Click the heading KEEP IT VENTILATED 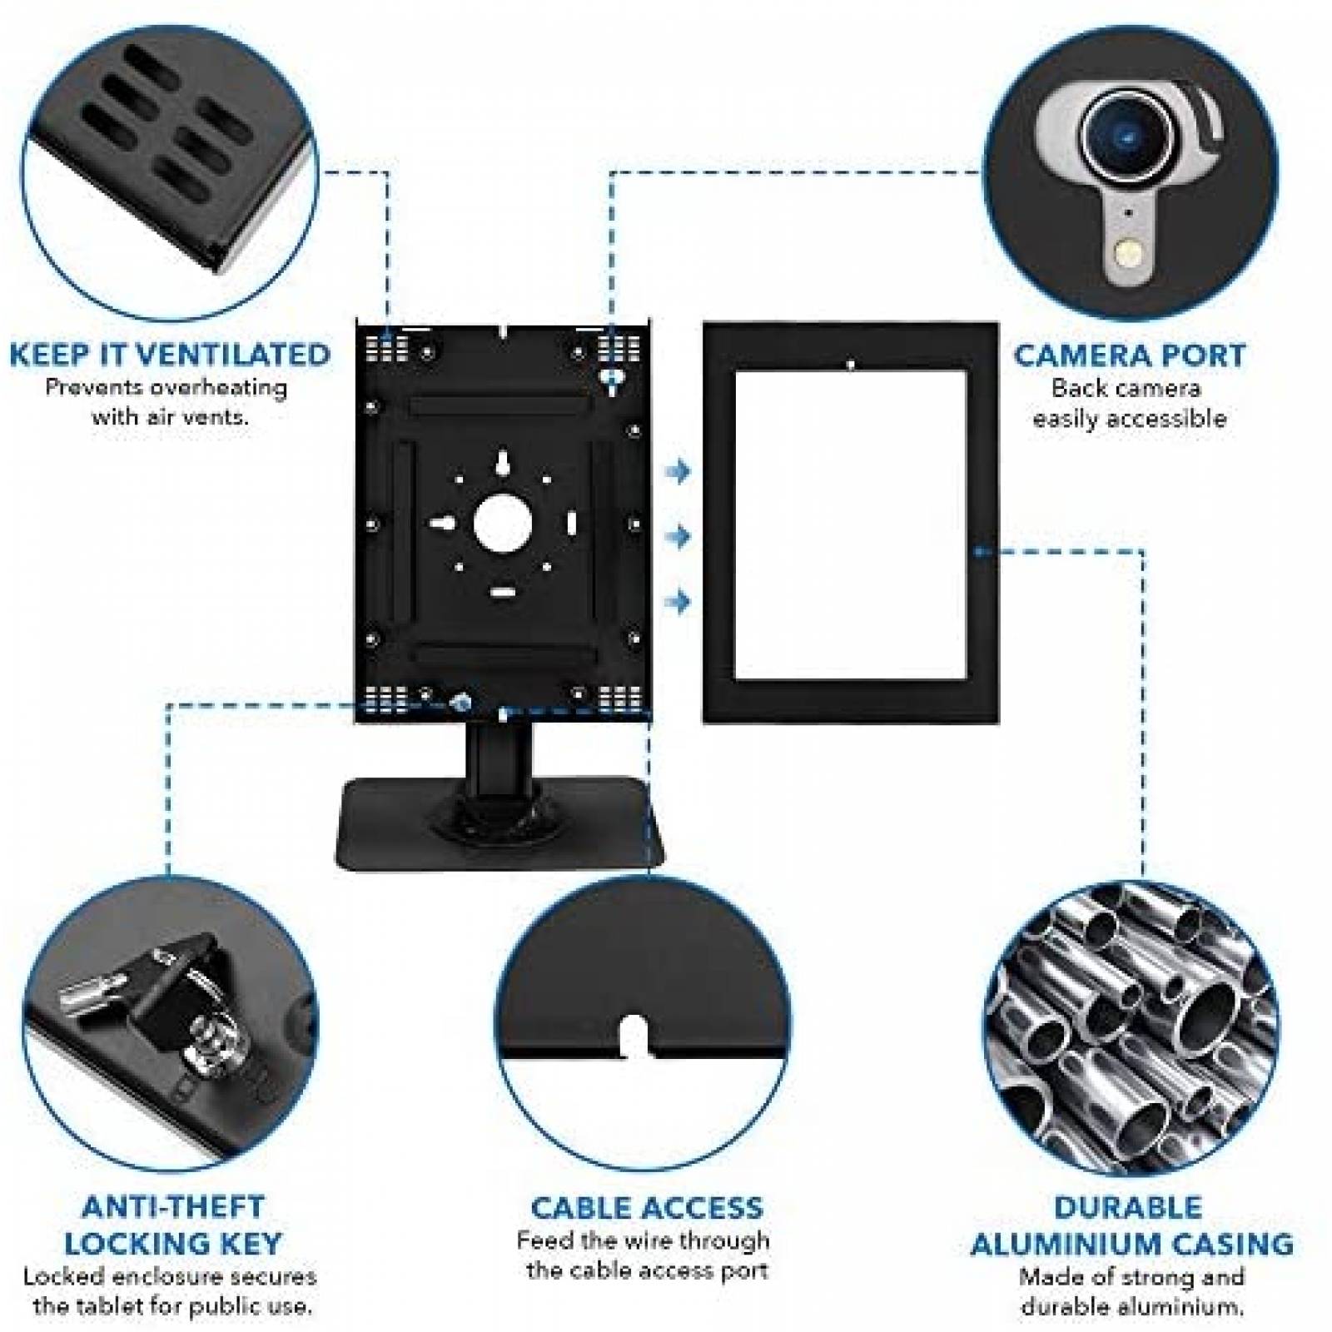pos(170,355)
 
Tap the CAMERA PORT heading pos(1130,355)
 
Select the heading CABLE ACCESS pos(647,1208)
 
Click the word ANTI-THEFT pos(173,1207)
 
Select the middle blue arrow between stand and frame pos(679,536)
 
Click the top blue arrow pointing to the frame pos(679,472)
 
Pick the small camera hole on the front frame pos(850,365)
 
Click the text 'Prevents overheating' pos(166,388)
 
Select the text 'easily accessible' pos(1130,418)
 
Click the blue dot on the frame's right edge pos(979,550)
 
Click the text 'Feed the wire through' pos(643,1241)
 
